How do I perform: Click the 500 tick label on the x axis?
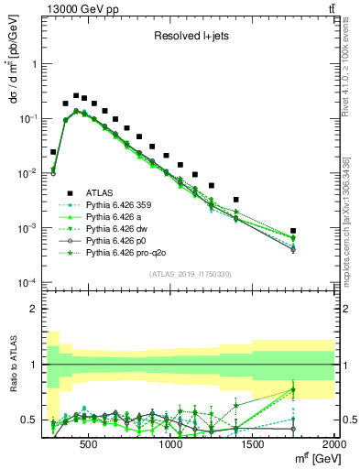(x=89, y=445)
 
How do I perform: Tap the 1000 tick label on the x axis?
(x=171, y=445)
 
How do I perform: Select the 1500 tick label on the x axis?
(x=253, y=445)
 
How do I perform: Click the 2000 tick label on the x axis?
(x=333, y=445)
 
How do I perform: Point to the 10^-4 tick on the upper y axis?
(x=29, y=282)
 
